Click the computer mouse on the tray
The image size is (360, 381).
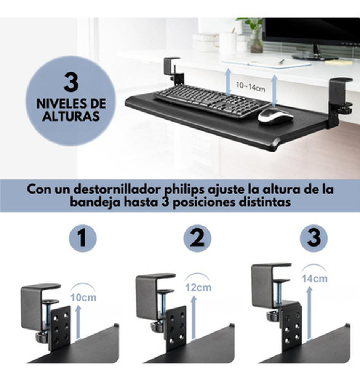[275, 116]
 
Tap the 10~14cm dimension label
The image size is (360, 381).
[250, 86]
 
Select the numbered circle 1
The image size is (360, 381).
[83, 238]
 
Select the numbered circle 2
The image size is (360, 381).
[197, 238]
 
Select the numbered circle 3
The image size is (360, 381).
[314, 238]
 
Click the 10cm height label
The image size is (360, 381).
[83, 298]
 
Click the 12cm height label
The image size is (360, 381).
[198, 287]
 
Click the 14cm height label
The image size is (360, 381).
[315, 279]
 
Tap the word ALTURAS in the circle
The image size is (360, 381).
[71, 116]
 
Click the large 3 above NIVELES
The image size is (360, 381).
[71, 82]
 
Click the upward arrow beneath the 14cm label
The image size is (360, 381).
[309, 312]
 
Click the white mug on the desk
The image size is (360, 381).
[227, 44]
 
